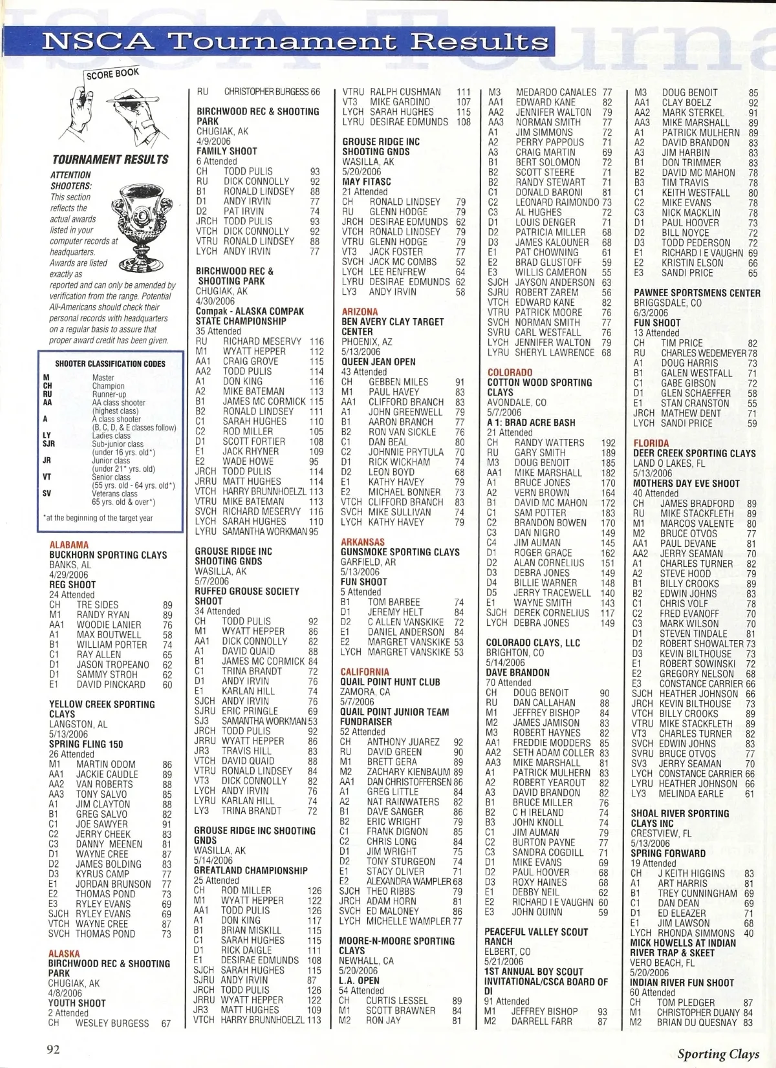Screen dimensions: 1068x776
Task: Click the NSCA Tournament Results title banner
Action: point(294,41)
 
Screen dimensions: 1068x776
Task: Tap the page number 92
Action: point(53,1049)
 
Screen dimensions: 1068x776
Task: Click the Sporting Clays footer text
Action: point(718,1054)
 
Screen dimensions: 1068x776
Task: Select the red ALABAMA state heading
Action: point(69,545)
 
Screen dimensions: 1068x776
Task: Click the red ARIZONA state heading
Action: point(361,312)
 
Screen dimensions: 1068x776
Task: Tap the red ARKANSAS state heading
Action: point(363,542)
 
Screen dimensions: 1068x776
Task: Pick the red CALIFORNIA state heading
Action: point(366,672)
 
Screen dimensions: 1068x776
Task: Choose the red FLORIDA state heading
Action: point(651,443)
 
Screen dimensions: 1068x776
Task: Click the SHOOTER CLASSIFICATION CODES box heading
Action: point(110,364)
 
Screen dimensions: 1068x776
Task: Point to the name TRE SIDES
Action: point(98,604)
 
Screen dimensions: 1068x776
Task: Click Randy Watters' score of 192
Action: point(608,443)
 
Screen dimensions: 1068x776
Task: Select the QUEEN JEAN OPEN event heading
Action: point(378,362)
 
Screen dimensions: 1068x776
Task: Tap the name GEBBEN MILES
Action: point(398,382)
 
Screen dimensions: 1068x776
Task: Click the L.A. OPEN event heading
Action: point(360,981)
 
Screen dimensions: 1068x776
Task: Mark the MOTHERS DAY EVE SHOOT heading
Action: point(686,483)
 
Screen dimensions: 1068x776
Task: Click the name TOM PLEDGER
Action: point(686,1003)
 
